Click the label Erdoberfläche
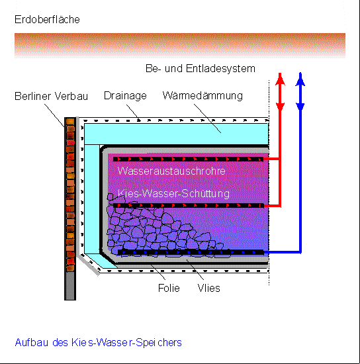point(47,19)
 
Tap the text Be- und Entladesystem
point(201,68)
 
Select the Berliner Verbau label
point(52,96)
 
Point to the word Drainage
point(125,96)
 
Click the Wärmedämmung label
point(202,96)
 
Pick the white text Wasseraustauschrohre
point(171,171)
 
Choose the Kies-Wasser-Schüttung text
point(173,194)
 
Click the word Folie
point(169,288)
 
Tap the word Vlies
point(208,288)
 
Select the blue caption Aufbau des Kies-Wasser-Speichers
point(98,343)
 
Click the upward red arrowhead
point(280,79)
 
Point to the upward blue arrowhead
point(300,79)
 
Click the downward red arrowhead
point(280,107)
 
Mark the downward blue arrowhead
point(300,107)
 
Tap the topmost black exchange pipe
point(188,159)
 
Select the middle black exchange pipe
point(189,205)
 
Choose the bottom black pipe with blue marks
point(191,252)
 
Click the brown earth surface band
point(180,44)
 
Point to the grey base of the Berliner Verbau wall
point(70,286)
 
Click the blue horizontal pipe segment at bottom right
point(283,252)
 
